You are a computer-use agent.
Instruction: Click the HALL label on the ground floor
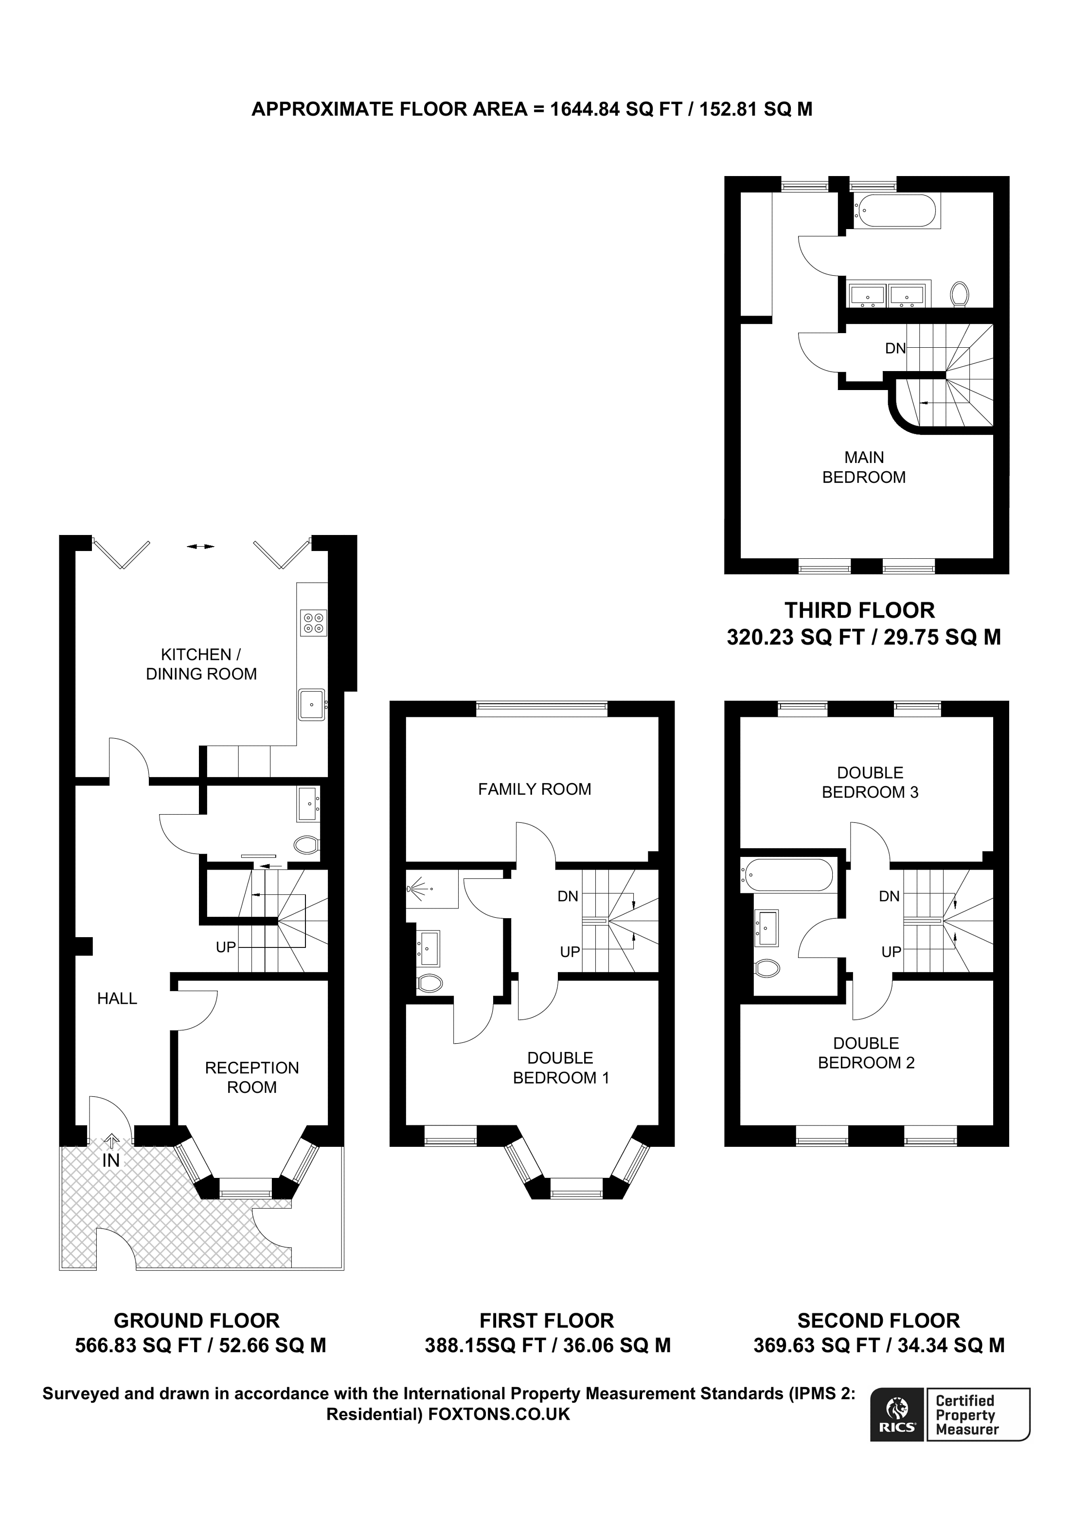click(117, 998)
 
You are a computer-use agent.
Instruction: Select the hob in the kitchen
click(313, 623)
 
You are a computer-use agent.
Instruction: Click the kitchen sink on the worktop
click(311, 705)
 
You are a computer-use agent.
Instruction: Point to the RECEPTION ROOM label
click(252, 1077)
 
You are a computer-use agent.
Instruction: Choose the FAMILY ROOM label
click(535, 789)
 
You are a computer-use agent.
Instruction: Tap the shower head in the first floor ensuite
click(414, 888)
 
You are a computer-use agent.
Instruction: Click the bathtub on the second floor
click(786, 874)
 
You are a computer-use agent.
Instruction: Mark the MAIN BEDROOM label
click(864, 467)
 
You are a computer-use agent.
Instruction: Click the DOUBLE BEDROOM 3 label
click(870, 782)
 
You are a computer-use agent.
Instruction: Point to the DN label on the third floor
click(895, 348)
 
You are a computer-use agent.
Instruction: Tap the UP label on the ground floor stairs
click(226, 947)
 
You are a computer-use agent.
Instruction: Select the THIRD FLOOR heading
click(860, 610)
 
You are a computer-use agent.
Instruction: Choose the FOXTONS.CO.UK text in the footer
click(499, 1414)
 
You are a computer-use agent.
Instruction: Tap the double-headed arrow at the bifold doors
click(200, 546)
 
